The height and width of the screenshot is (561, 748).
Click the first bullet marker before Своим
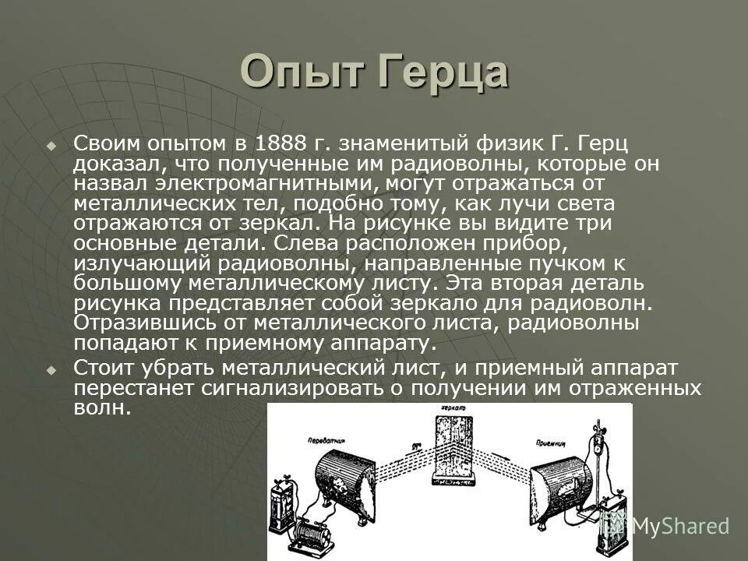coord(51,146)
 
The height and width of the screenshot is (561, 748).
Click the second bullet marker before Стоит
coord(51,368)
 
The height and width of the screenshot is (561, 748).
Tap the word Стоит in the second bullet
coord(103,368)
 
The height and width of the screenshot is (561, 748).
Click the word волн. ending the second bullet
coord(101,408)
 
